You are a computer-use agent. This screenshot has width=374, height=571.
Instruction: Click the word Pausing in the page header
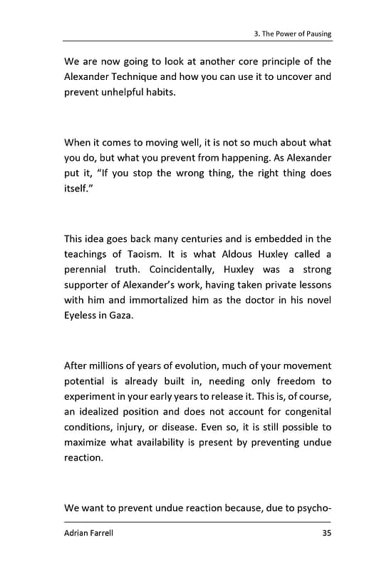click(316, 34)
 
